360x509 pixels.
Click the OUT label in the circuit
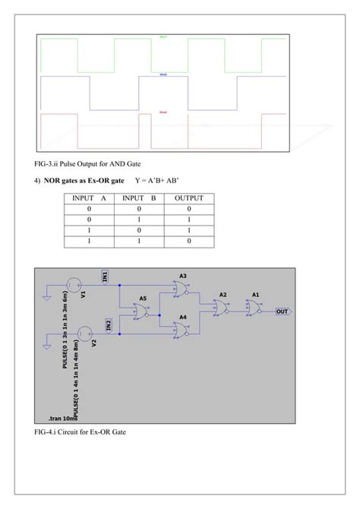pos(281,311)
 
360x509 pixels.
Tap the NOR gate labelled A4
pos(182,329)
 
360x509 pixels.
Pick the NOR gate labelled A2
pos(221,308)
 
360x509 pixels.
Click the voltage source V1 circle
pos(73,286)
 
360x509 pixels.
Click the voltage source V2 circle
pos(85,331)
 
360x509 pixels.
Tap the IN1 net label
pos(105,277)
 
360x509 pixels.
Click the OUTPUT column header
pos(189,198)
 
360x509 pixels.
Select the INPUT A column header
pos(89,198)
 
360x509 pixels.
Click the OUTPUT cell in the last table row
pos(189,240)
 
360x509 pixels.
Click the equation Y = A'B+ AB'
pos(162,182)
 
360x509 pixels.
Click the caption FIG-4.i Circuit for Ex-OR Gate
pos(80,432)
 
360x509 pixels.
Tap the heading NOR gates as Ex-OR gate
pos(84,182)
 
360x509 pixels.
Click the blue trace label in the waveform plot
pos(163,74)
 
